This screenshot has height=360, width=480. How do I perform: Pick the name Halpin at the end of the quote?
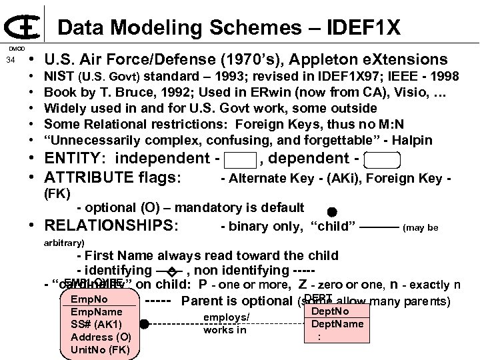413,140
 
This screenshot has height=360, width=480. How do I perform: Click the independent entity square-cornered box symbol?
240,160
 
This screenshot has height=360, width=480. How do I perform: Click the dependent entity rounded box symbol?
383,160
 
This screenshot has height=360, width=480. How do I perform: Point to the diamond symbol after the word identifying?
171,271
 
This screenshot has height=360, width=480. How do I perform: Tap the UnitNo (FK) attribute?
100,349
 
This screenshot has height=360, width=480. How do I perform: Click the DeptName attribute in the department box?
342,325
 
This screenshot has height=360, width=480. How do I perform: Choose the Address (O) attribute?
100,337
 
